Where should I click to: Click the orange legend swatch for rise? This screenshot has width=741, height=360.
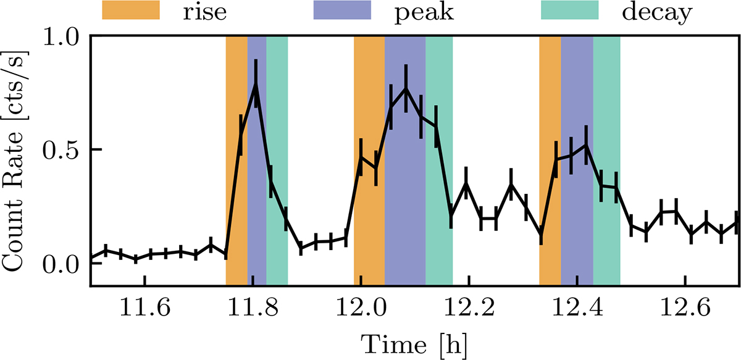click(x=131, y=11)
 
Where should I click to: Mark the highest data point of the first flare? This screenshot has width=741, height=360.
click(x=256, y=84)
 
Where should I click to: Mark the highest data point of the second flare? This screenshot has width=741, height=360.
click(x=406, y=88)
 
